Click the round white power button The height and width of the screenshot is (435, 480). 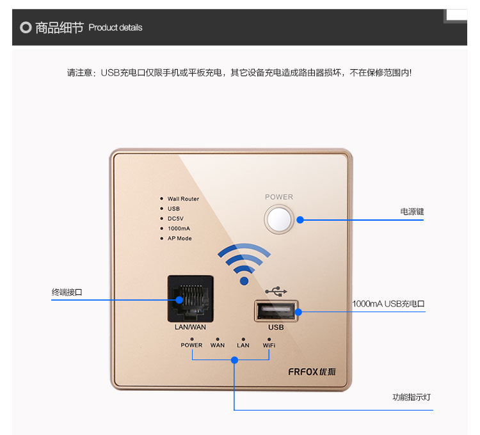coord(279,219)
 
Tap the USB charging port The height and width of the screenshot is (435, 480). coord(276,311)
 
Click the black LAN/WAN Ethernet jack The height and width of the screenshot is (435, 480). coord(190,298)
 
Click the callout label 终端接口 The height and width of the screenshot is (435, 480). coord(67,292)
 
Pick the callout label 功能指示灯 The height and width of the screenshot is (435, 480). coord(408,397)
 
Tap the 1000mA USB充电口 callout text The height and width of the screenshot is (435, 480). coord(388,304)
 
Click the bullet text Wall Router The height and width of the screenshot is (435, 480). coord(183,199)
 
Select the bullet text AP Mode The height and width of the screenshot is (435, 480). coord(179,239)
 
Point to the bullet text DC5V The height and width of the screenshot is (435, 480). coord(175,219)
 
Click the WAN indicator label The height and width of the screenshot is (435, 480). coord(218,345)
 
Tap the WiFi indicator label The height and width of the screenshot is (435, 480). coord(269,345)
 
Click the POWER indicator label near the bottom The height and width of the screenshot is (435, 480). coord(191,345)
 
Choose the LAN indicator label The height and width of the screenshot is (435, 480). coord(243,345)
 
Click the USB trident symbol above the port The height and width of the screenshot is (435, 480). coord(276,291)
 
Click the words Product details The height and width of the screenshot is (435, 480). coord(115,28)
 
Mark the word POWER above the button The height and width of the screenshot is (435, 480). coord(279,197)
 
